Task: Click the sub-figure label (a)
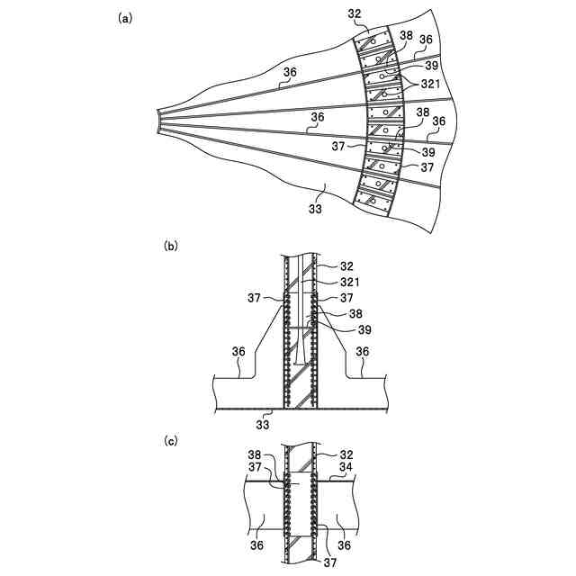[x=125, y=17]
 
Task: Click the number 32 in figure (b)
[x=347, y=266]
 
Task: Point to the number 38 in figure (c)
[x=255, y=456]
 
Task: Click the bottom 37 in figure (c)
[x=331, y=562]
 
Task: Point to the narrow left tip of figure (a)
[x=160, y=121]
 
